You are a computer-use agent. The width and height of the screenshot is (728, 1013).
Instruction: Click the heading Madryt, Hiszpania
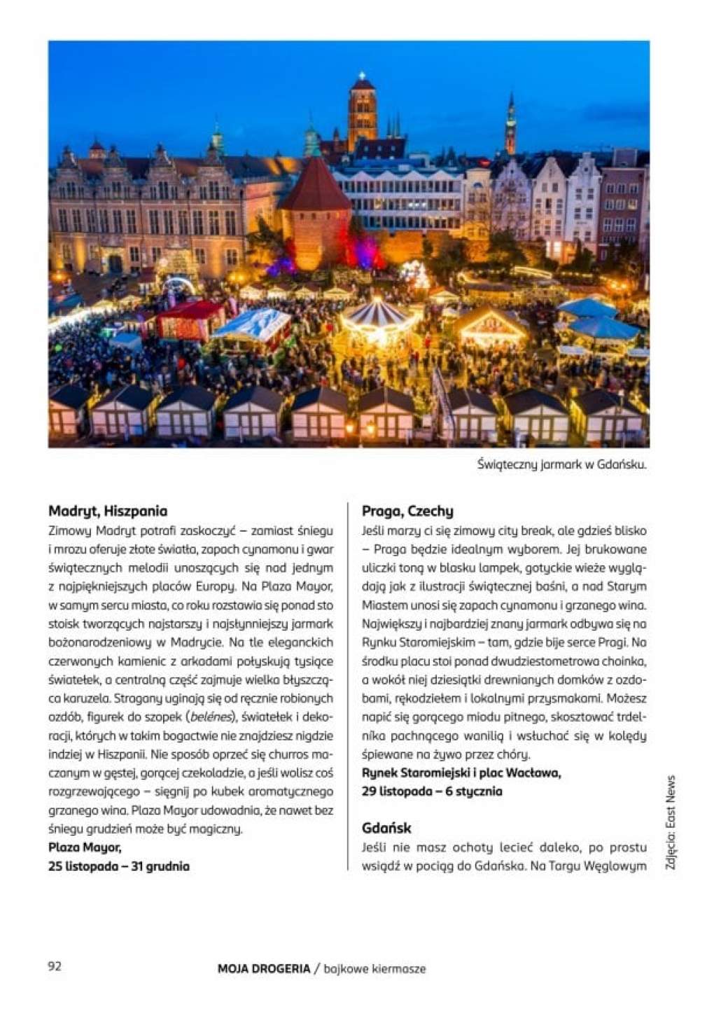(x=108, y=511)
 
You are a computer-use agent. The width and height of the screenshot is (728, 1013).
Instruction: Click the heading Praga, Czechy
(x=407, y=511)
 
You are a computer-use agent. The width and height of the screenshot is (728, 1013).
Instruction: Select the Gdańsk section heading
(x=386, y=828)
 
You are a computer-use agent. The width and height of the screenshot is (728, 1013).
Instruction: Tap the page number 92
(x=55, y=966)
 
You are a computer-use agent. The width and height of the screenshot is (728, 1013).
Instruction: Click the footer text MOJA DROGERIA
(x=263, y=969)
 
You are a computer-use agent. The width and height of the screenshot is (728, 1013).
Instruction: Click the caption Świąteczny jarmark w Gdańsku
(x=561, y=464)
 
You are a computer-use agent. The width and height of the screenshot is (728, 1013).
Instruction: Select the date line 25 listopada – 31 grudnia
(x=119, y=866)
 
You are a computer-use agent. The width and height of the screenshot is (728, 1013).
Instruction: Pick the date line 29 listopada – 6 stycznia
(x=432, y=791)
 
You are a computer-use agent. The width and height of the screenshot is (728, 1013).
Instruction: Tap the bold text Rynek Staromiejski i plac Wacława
(x=461, y=773)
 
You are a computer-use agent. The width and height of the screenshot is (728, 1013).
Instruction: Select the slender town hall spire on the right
(x=510, y=126)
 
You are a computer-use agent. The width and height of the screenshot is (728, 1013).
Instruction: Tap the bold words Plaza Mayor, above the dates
(x=85, y=848)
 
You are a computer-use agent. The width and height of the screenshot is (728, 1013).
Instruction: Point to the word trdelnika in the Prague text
(x=630, y=717)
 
